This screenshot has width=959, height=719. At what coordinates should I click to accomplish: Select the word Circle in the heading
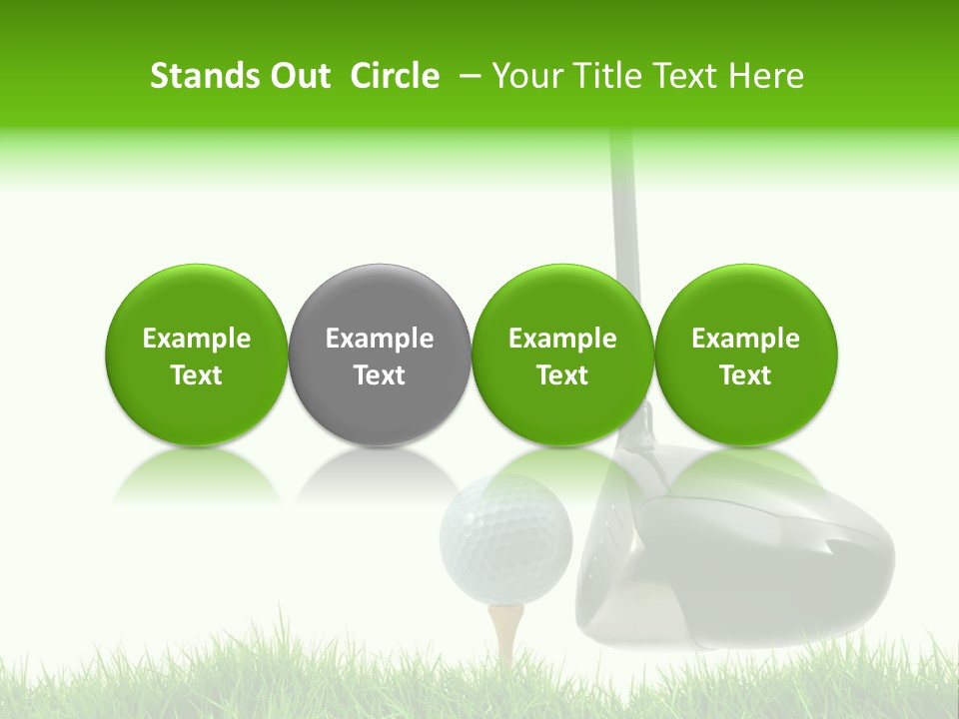coord(395,76)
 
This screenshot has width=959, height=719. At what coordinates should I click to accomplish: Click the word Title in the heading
coord(608,76)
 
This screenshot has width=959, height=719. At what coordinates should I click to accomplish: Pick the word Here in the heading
coord(765,76)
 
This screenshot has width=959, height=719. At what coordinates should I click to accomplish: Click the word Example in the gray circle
coord(380,339)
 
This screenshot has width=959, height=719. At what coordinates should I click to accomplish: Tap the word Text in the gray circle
coord(380,375)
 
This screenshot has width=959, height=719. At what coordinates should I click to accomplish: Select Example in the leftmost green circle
coord(197,339)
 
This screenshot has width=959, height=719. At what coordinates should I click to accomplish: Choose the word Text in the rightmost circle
coord(745,375)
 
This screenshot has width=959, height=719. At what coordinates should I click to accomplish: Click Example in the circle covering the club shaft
coord(562,339)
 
